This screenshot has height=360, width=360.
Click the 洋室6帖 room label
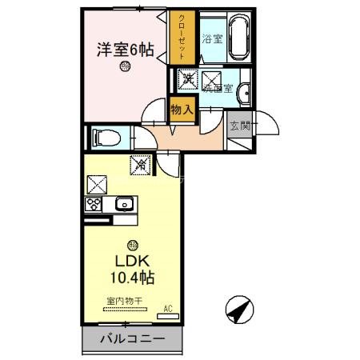(x=125, y=49)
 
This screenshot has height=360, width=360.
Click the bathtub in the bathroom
(x=239, y=35)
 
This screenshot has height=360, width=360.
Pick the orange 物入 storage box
(x=181, y=109)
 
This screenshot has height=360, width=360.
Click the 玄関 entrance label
(x=238, y=126)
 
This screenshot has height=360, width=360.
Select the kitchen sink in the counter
(x=124, y=204)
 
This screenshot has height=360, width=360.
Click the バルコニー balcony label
(x=131, y=339)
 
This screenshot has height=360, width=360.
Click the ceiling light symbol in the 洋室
(x=125, y=70)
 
